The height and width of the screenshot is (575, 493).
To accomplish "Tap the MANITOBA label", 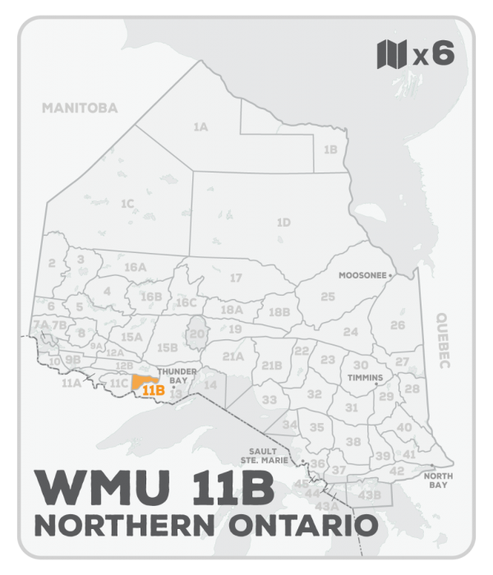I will click(x=81, y=108).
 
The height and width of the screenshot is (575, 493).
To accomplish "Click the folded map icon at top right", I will click(x=391, y=54).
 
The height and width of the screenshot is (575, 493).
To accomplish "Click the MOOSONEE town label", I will click(x=362, y=277).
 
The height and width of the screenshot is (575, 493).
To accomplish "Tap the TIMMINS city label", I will click(x=366, y=378).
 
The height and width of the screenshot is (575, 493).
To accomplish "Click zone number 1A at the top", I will click(x=200, y=127).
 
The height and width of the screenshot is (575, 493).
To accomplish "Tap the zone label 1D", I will click(x=283, y=223).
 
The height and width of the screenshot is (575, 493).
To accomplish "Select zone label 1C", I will click(x=127, y=203).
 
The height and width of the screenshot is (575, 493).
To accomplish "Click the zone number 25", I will click(x=327, y=296).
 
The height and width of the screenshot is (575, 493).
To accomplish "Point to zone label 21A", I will click(x=233, y=356).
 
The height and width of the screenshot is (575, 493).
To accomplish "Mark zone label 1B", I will click(x=330, y=150).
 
